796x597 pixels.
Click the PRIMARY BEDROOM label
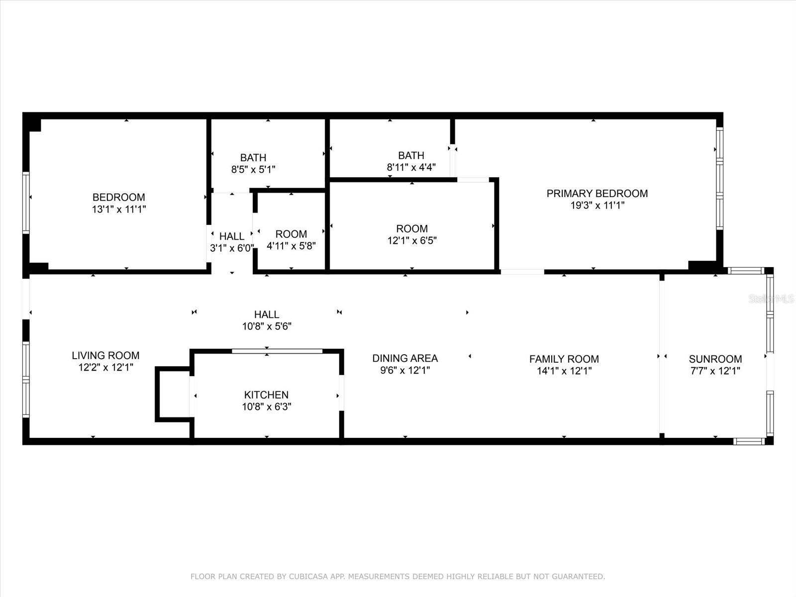click(597, 194)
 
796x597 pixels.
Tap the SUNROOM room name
click(715, 359)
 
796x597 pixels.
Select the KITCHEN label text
click(266, 395)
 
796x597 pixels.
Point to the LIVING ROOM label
click(105, 356)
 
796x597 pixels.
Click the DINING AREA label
click(405, 359)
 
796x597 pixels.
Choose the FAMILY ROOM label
click(564, 359)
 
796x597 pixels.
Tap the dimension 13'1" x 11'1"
click(119, 209)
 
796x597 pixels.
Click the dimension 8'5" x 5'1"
click(253, 169)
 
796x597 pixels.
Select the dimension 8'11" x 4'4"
click(411, 167)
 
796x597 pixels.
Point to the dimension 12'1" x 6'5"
click(412, 240)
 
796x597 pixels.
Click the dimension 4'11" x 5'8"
click(291, 246)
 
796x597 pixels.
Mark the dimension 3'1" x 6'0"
click(232, 248)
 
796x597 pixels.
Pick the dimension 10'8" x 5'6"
click(267, 326)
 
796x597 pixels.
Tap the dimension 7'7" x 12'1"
click(715, 371)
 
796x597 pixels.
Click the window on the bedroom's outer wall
click(26, 203)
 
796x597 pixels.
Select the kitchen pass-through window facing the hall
click(277, 351)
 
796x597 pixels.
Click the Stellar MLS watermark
click(771, 299)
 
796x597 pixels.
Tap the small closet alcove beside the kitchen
click(173, 395)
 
